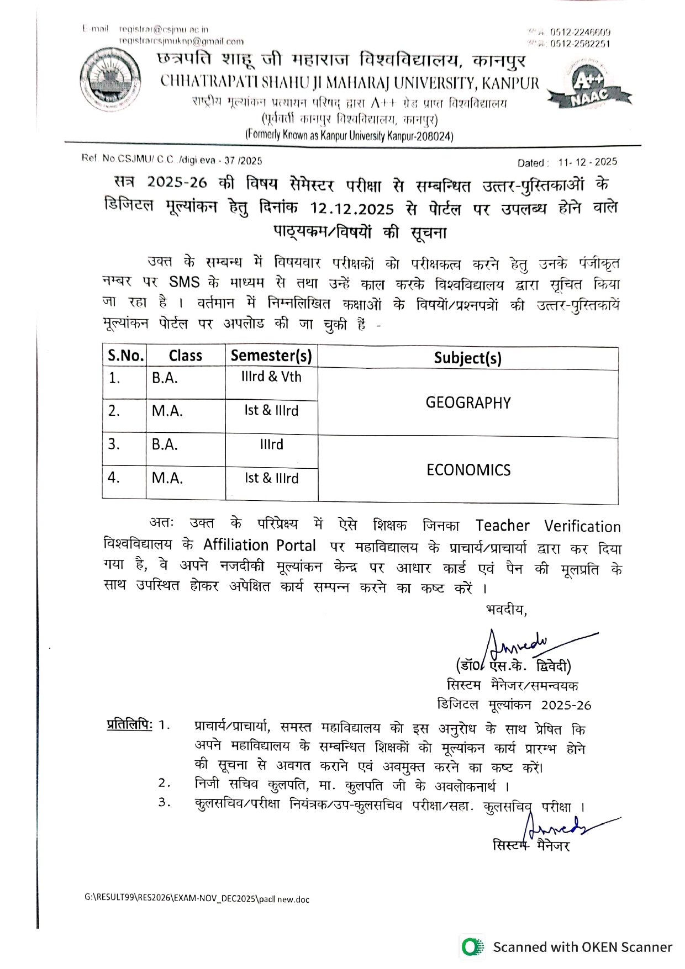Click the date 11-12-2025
tap(587, 162)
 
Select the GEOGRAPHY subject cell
tap(468, 403)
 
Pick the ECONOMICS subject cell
tap(468, 470)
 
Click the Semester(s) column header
tap(271, 356)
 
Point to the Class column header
tap(185, 356)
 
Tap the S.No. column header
tap(125, 356)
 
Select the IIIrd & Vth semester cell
tap(271, 377)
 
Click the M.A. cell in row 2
tap(167, 411)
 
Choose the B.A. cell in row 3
tap(165, 444)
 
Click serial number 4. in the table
tap(114, 478)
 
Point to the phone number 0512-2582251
tap(579, 44)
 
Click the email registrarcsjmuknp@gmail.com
tap(181, 41)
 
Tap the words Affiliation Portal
tap(259, 546)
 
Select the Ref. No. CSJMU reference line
tap(172, 160)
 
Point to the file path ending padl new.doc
tap(197, 899)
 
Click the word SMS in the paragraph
tap(184, 282)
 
